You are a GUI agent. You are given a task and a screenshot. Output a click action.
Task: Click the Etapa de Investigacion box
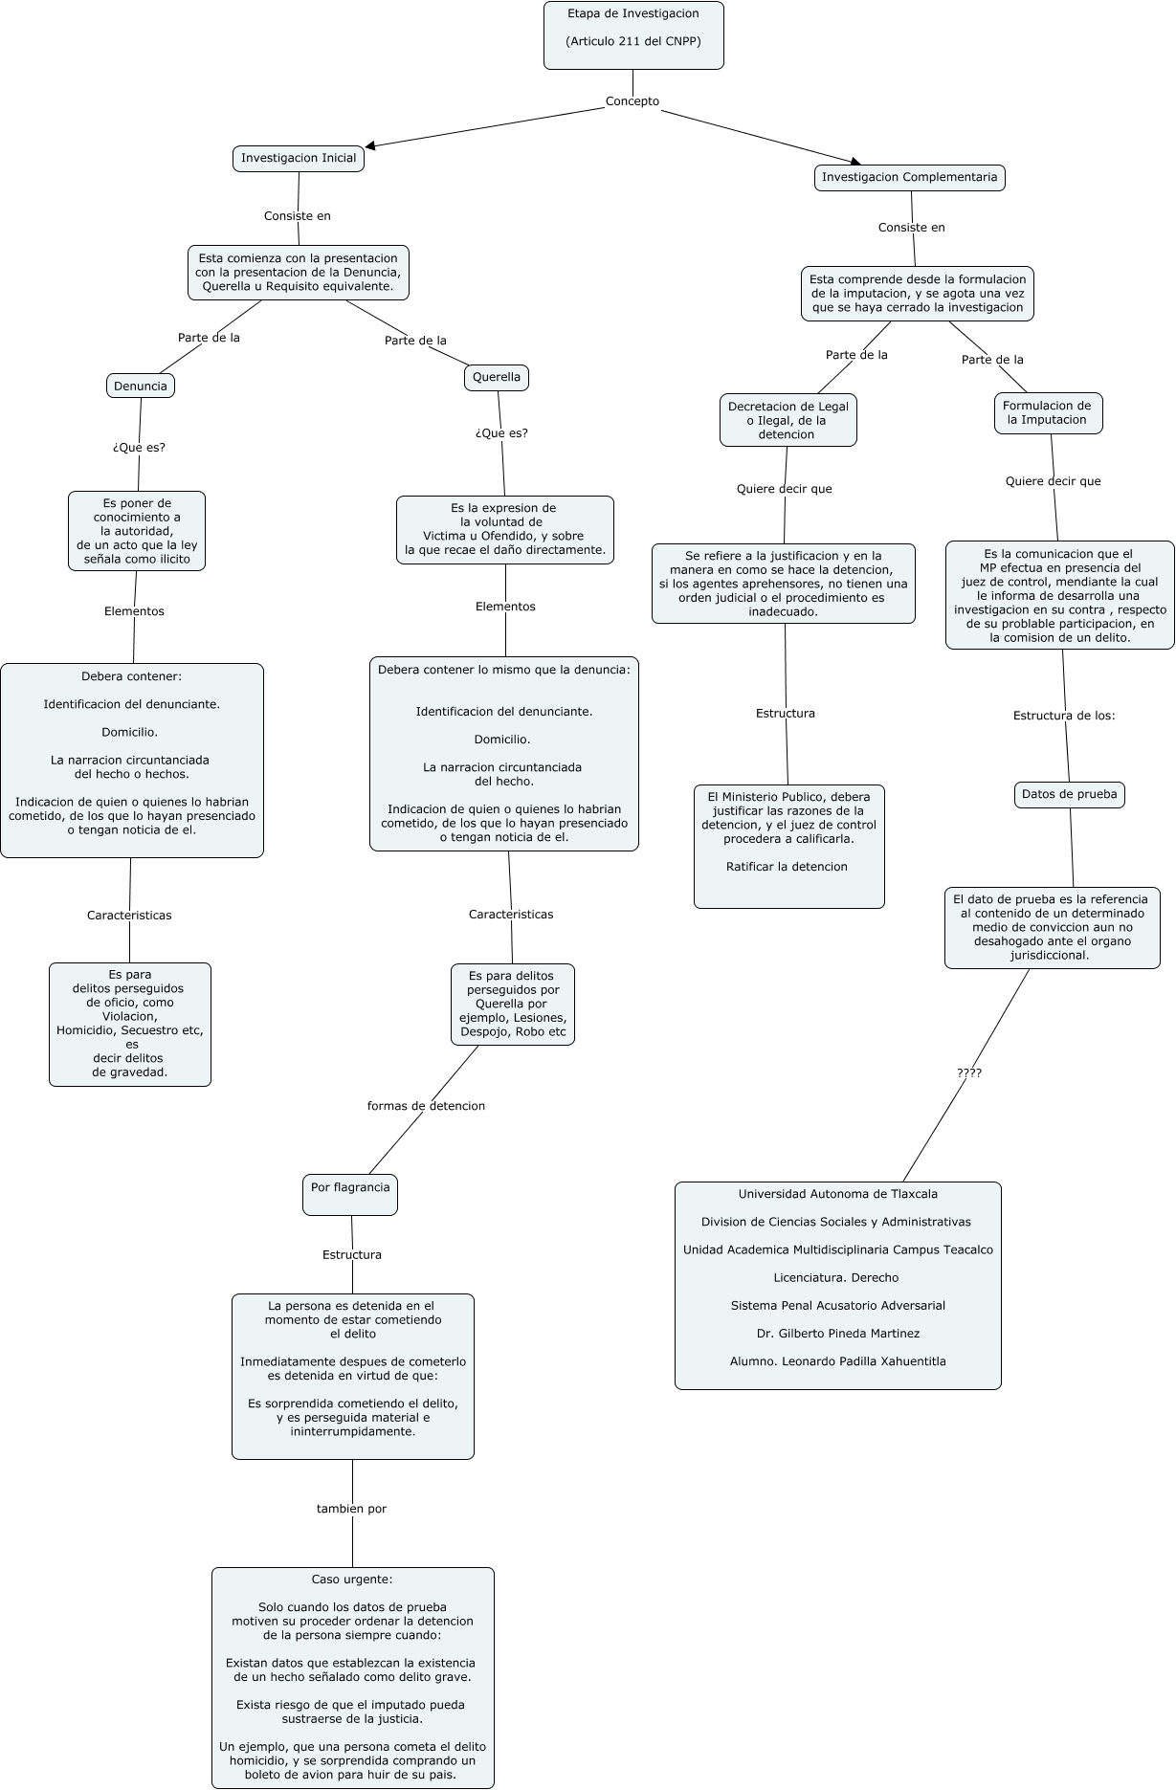(633, 34)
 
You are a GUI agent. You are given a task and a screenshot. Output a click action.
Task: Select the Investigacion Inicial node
(299, 158)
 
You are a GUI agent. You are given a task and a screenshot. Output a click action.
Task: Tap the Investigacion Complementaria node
(909, 177)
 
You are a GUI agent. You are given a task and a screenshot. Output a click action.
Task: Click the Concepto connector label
(632, 101)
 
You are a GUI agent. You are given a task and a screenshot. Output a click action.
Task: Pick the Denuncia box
(141, 386)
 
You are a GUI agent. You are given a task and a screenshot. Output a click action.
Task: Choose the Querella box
(497, 377)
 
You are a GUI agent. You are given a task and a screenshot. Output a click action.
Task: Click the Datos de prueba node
(1069, 794)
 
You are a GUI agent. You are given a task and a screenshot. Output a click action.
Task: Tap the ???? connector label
(969, 1073)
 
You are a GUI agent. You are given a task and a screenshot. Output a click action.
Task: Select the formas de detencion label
(426, 1106)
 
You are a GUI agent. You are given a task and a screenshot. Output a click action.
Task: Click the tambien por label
(351, 1509)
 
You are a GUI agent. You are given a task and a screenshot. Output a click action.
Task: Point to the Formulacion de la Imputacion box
(1048, 412)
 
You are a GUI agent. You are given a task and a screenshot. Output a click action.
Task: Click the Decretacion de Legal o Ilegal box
(788, 420)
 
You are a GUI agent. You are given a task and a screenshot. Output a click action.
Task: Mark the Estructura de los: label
(1064, 716)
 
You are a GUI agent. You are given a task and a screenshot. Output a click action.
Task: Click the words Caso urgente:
(352, 1580)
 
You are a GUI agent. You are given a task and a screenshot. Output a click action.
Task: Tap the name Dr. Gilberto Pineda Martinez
(837, 1334)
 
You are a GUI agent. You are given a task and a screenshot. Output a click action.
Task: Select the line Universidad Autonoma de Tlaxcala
(837, 1194)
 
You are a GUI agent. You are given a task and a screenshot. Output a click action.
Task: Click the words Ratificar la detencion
(787, 867)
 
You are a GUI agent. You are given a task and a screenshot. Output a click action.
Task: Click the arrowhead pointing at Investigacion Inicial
(371, 146)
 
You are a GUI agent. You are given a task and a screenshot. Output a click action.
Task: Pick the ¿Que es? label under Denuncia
(139, 447)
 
